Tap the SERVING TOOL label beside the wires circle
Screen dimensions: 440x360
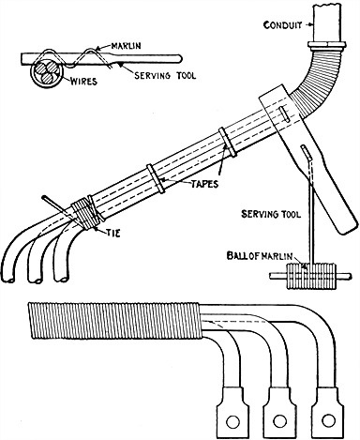[148, 75]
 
